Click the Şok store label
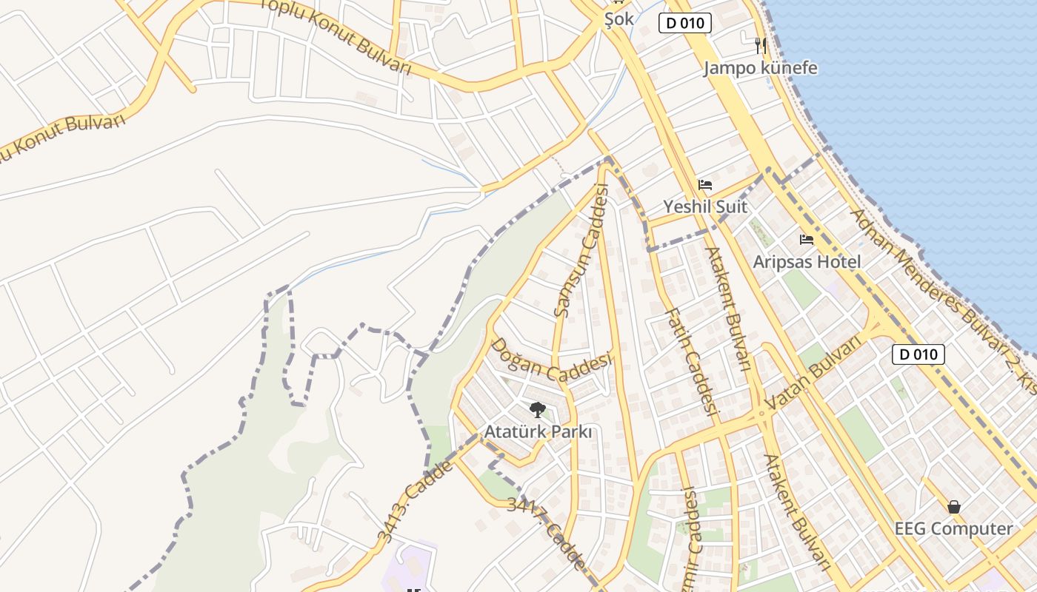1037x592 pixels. pyautogui.click(x=618, y=18)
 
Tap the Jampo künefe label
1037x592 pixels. pyautogui.click(x=760, y=68)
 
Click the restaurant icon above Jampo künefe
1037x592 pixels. pyautogui.click(x=760, y=46)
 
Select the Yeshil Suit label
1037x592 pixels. pyautogui.click(x=705, y=206)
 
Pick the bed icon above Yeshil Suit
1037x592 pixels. pyautogui.click(x=705, y=184)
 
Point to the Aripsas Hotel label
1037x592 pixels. pyautogui.click(x=807, y=262)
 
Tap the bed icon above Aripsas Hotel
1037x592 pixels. pyautogui.click(x=807, y=240)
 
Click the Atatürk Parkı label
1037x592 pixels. pyautogui.click(x=538, y=431)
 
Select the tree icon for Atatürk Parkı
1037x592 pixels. pyautogui.click(x=538, y=409)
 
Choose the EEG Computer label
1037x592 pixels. pyautogui.click(x=953, y=528)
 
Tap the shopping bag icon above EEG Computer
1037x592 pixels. pyautogui.click(x=954, y=507)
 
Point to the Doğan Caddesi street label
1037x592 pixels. pyautogui.click(x=551, y=360)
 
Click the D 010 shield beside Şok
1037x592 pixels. pyautogui.click(x=685, y=23)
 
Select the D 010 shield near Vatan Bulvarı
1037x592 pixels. pyautogui.click(x=918, y=354)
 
